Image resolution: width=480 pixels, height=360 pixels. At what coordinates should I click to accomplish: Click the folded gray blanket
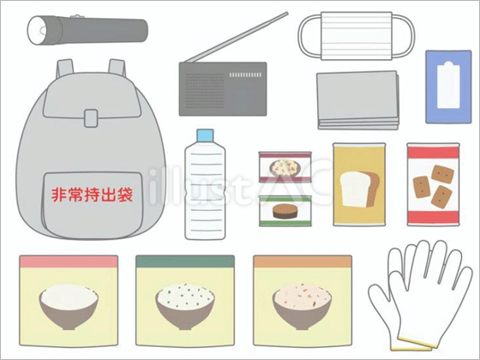[x=359, y=99]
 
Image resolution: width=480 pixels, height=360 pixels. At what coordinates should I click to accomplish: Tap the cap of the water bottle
[x=205, y=137]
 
